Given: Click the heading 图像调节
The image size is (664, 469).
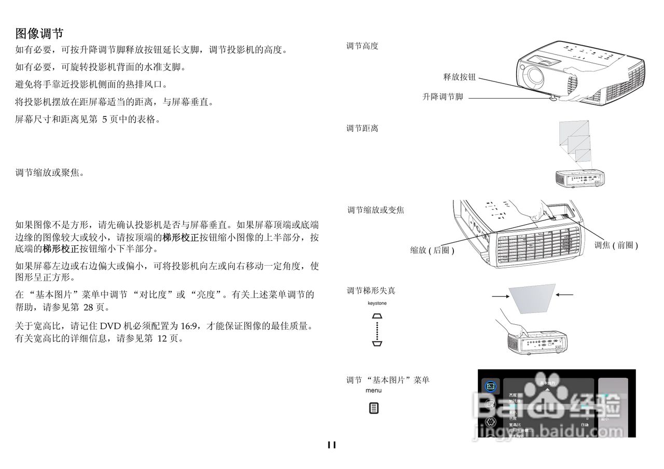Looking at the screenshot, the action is pyautogui.click(x=39, y=34).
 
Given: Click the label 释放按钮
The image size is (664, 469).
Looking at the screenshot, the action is pyautogui.click(x=459, y=77).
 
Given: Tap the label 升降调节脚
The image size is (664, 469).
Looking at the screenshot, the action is pyautogui.click(x=442, y=97).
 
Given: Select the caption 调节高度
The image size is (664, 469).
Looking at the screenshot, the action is pyautogui.click(x=362, y=46).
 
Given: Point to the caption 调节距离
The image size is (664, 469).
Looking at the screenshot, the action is pyautogui.click(x=362, y=128).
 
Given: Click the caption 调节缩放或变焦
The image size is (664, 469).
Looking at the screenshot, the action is pyautogui.click(x=376, y=210).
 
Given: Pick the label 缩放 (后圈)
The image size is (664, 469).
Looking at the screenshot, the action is pyautogui.click(x=432, y=250).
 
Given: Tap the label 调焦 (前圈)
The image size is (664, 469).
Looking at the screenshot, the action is pyautogui.click(x=616, y=245).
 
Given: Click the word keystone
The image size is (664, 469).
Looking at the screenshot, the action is pyautogui.click(x=377, y=303).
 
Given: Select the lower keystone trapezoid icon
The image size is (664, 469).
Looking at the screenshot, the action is pyautogui.click(x=377, y=343).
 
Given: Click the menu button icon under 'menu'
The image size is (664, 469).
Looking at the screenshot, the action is pyautogui.click(x=374, y=408).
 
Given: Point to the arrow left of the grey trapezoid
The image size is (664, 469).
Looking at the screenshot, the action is pyautogui.click(x=499, y=296).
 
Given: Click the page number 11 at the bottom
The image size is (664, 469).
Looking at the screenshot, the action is pyautogui.click(x=331, y=445).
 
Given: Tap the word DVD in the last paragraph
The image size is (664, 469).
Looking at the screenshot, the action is pyautogui.click(x=110, y=326).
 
